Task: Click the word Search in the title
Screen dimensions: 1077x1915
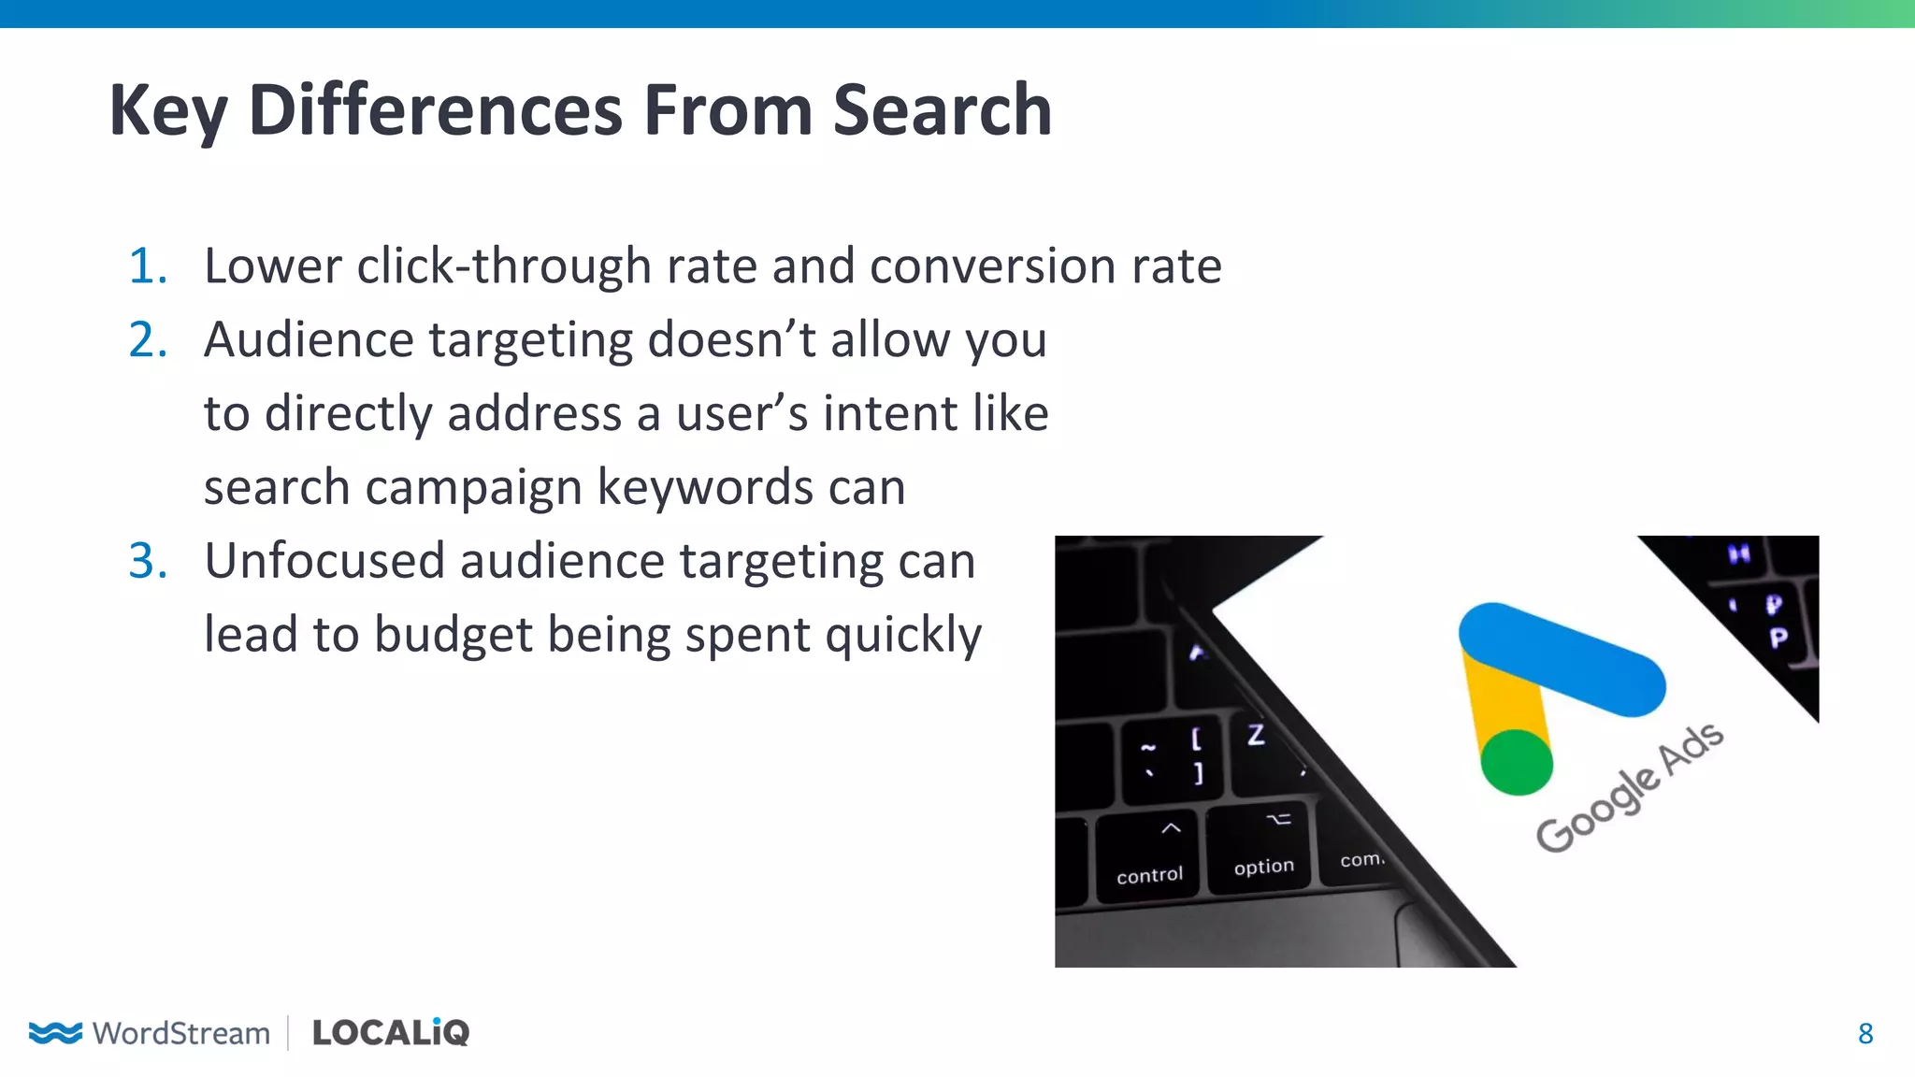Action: pyautogui.click(x=942, y=110)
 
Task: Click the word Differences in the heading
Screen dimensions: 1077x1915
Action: pyautogui.click(x=436, y=110)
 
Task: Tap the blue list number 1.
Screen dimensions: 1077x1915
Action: pyautogui.click(x=148, y=266)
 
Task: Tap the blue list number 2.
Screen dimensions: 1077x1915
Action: pyautogui.click(x=148, y=339)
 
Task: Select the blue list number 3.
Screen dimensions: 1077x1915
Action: pyautogui.click(x=148, y=561)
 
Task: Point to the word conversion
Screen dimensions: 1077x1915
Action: pyautogui.click(x=992, y=266)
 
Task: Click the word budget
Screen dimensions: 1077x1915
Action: pyautogui.click(x=453, y=635)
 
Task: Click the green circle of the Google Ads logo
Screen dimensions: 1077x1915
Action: pyautogui.click(x=1517, y=762)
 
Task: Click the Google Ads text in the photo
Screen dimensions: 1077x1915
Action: pyautogui.click(x=1629, y=787)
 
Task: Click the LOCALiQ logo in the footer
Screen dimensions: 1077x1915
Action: pyautogui.click(x=391, y=1032)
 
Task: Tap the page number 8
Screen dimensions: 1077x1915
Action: pyautogui.click(x=1865, y=1033)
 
